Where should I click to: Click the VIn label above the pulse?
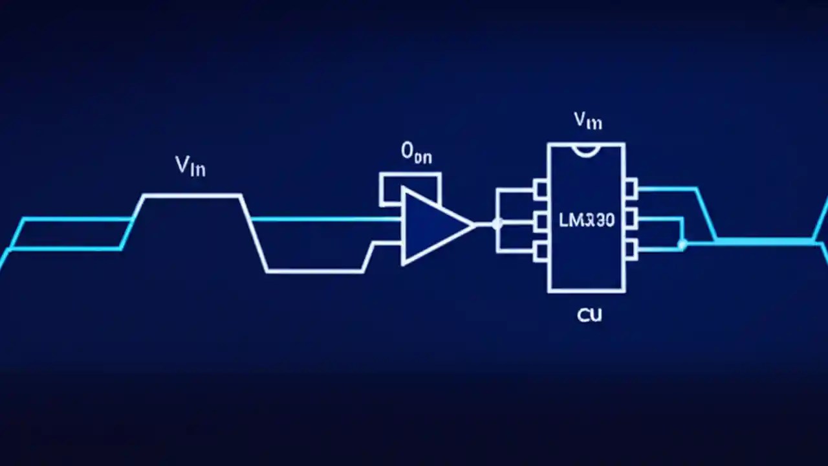coord(191,166)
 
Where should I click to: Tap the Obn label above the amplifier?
coord(416,153)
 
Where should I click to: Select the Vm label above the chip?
coord(588,120)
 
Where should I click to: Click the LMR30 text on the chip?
coord(586,221)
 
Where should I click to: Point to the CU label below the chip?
coord(589,315)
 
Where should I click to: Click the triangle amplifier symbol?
coord(431,225)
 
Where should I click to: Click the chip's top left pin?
coord(541,189)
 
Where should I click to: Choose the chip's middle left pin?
coord(541,220)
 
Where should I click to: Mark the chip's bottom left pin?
coord(541,251)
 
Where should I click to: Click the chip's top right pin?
coord(631,189)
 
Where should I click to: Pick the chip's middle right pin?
coord(631,217)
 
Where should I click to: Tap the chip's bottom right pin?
coord(631,246)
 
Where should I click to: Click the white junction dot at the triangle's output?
coord(497,224)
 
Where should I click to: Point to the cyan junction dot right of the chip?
coord(682,244)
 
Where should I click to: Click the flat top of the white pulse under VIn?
coord(192,195)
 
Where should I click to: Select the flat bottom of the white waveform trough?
coord(315,271)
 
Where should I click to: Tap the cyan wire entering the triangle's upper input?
coord(323,219)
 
